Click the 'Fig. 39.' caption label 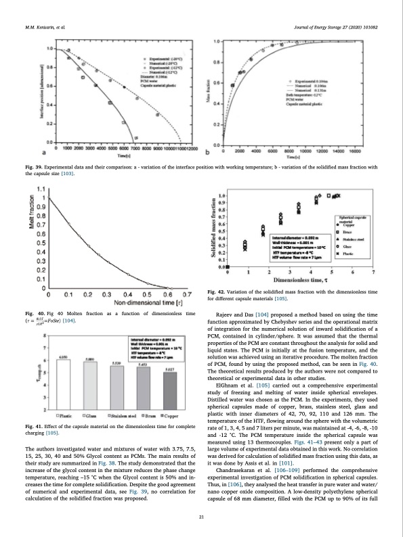[x=33, y=166]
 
